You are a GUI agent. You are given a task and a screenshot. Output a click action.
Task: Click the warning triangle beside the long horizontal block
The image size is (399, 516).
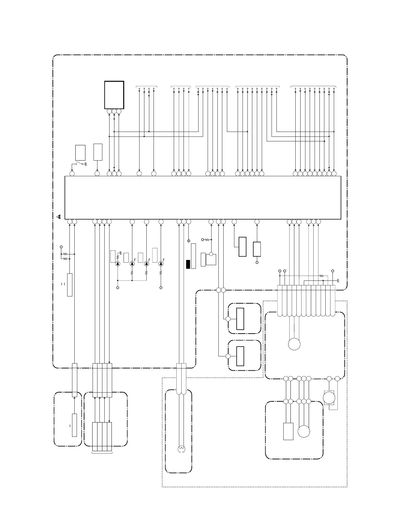coord(59,216)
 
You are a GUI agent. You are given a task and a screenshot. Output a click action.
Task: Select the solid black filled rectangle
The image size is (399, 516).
coord(188,264)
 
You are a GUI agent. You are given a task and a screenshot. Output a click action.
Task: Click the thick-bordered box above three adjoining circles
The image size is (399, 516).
coord(114,95)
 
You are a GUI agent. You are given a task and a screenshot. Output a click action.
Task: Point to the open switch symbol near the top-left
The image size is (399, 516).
coord(79,163)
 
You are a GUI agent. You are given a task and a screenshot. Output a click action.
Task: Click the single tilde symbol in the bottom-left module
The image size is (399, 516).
coord(70,426)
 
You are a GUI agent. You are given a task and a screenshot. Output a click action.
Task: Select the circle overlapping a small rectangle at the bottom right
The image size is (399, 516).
coord(329,397)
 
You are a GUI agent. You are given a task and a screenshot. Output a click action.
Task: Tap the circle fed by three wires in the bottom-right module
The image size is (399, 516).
coord(304,431)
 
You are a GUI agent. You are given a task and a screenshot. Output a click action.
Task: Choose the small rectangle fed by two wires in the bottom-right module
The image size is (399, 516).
coord(288,431)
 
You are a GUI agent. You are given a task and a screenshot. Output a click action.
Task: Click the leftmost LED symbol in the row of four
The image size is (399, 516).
coord(118,264)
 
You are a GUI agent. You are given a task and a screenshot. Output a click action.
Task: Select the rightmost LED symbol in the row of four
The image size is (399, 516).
coord(161,264)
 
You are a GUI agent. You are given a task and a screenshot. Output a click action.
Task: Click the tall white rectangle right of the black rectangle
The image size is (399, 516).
coord(194,256)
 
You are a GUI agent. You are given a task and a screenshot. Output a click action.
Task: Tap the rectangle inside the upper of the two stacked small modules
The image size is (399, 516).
coord(240,319)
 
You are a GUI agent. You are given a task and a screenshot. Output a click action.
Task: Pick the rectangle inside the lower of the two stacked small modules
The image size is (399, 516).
coord(240,356)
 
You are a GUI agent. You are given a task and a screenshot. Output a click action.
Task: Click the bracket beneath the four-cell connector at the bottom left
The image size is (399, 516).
coord(102,452)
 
